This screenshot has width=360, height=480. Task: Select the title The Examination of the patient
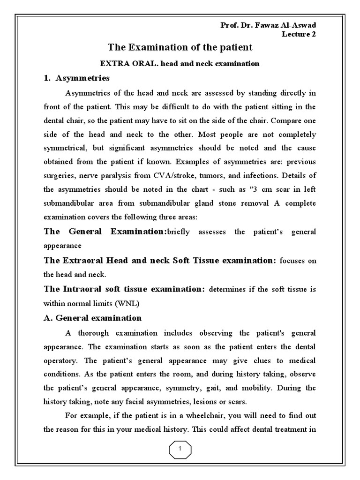point(180,47)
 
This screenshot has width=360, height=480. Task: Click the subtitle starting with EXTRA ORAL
point(180,63)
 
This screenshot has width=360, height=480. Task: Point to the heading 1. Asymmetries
point(76,78)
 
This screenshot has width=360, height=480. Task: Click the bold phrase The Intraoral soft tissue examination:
point(124,289)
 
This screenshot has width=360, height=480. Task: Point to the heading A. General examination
point(92,318)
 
